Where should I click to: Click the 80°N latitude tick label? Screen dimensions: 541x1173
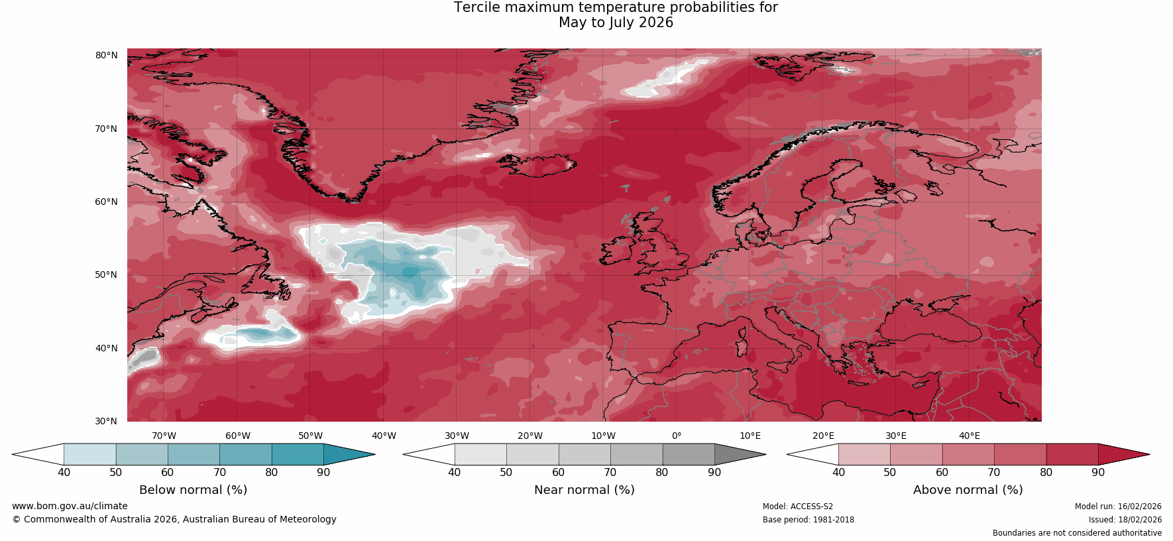pyautogui.click(x=106, y=55)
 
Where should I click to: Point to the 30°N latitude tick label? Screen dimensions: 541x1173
pyautogui.click(x=106, y=421)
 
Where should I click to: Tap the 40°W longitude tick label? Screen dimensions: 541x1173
pyautogui.click(x=384, y=436)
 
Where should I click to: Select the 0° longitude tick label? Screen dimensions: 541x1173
pyautogui.click(x=677, y=436)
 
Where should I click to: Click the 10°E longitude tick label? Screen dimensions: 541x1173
pyautogui.click(x=750, y=436)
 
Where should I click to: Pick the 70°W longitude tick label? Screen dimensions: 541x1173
pyautogui.click(x=164, y=436)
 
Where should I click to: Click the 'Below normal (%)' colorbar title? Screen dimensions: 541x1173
pyautogui.click(x=193, y=490)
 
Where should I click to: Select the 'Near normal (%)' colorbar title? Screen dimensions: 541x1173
pyautogui.click(x=584, y=490)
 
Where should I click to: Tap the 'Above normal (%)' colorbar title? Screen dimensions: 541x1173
pyautogui.click(x=968, y=490)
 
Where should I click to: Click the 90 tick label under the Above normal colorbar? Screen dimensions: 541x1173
pyautogui.click(x=1098, y=472)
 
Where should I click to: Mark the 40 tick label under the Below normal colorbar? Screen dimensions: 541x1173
pyautogui.click(x=64, y=472)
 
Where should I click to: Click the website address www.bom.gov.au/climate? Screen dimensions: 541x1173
pyautogui.click(x=70, y=506)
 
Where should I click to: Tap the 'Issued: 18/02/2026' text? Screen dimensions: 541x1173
pyautogui.click(x=1125, y=520)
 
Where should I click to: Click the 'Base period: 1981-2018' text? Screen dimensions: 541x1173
pyautogui.click(x=808, y=520)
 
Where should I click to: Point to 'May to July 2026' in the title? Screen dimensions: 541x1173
pyautogui.click(x=616, y=23)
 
